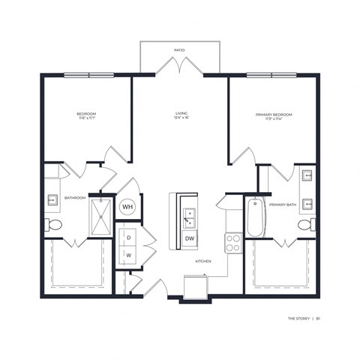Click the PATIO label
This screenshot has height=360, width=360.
tap(179, 49)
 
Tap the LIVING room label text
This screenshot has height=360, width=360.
tap(180, 113)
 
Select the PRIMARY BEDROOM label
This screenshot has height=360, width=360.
tap(274, 114)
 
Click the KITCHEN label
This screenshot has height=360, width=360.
tap(203, 261)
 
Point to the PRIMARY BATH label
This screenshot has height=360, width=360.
tap(282, 204)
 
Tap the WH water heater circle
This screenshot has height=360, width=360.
tap(127, 206)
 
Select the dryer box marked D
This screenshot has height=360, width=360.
tap(128, 238)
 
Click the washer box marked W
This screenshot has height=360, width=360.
tap(128, 255)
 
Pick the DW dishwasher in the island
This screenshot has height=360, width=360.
tap(190, 239)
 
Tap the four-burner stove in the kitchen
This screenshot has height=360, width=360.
tap(233, 241)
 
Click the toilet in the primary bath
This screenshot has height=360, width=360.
tap(305, 225)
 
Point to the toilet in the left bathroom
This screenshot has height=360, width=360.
tap(54, 225)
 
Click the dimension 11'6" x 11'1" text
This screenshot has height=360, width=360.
tap(86, 119)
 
